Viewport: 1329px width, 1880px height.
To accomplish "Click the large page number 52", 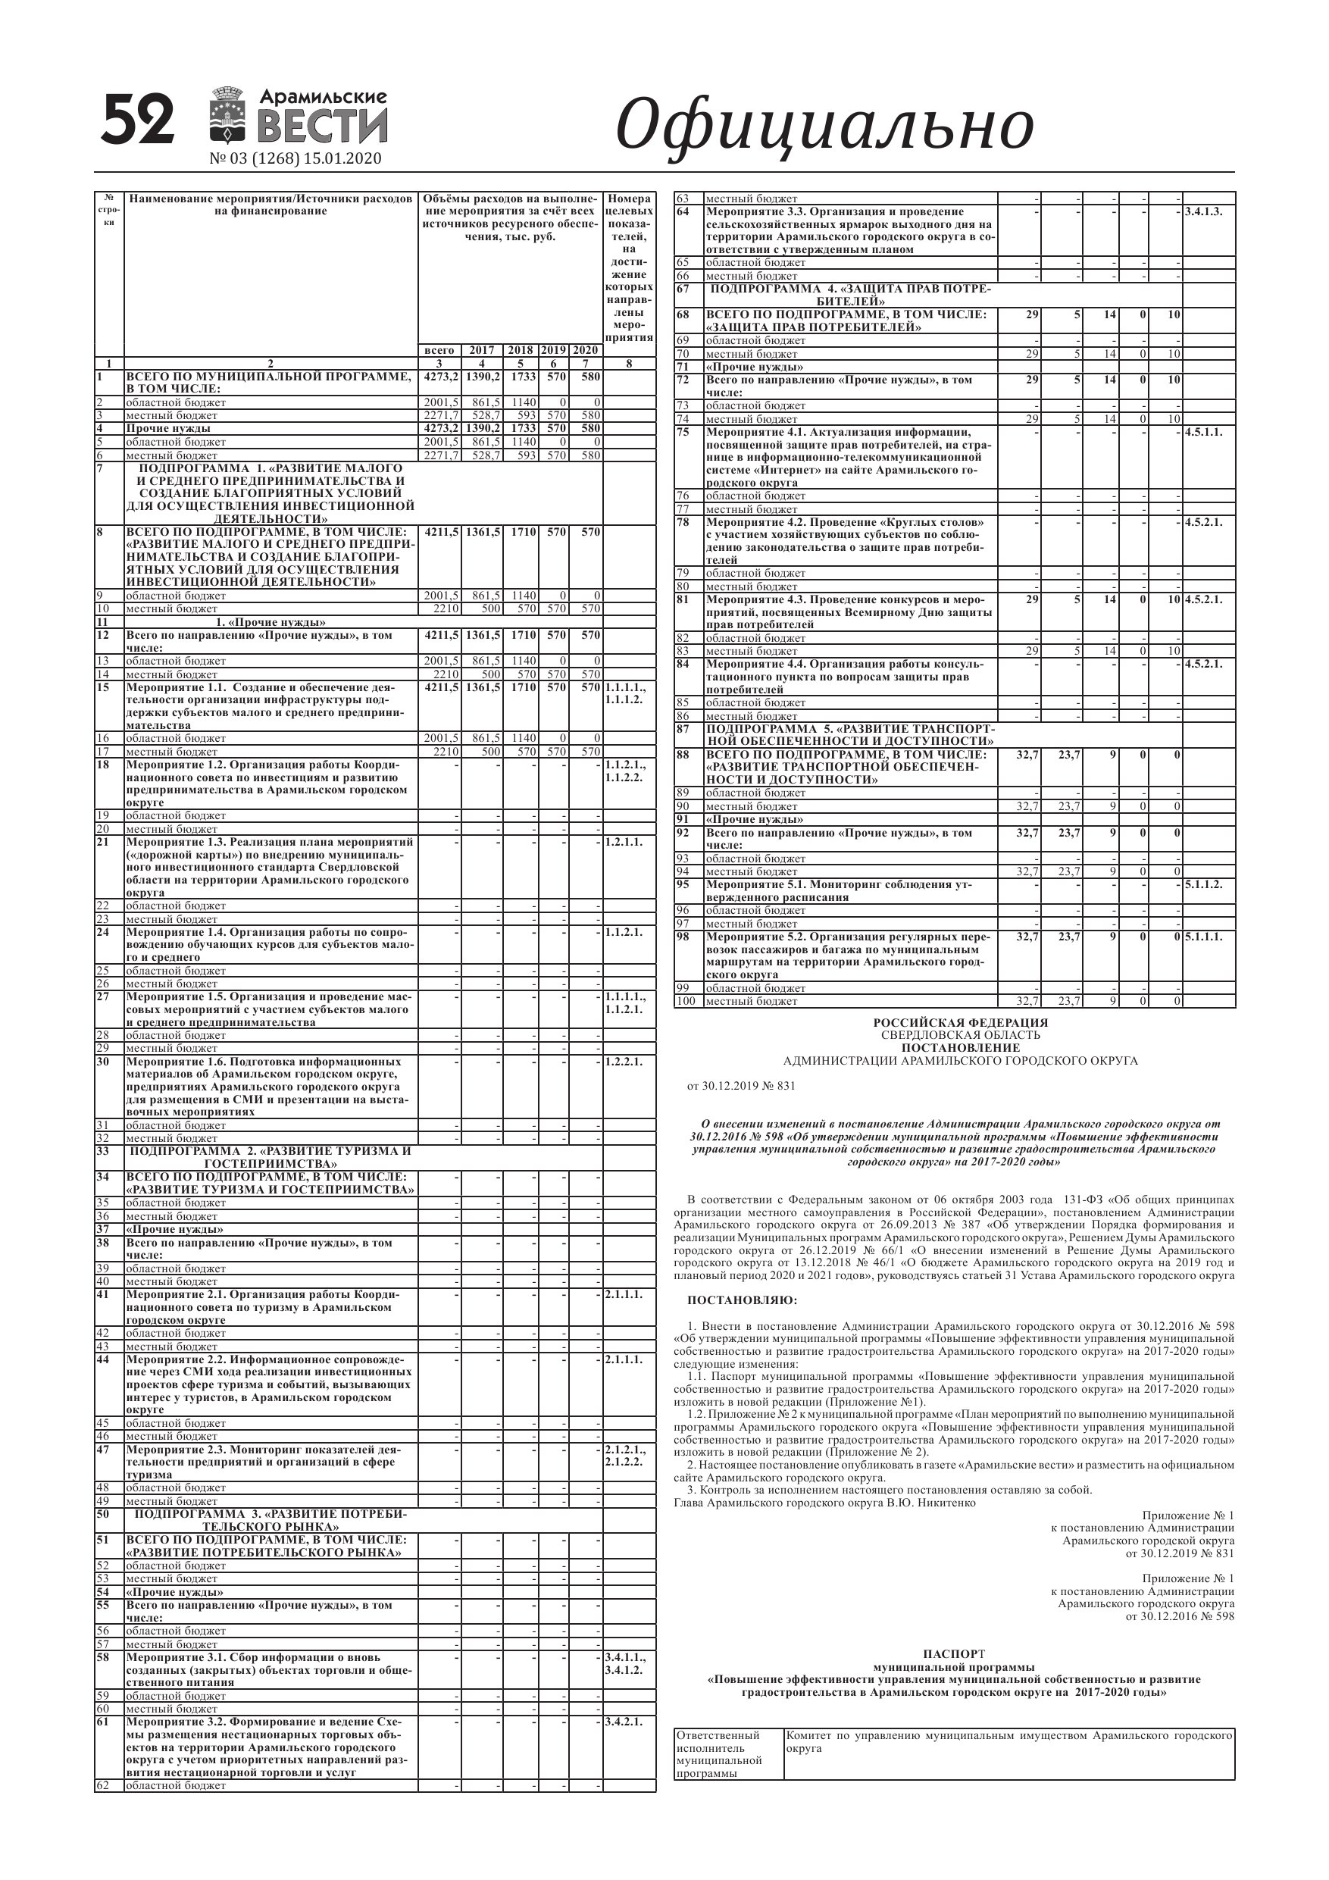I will (x=139, y=119).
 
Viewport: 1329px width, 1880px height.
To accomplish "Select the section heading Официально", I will (x=824, y=125).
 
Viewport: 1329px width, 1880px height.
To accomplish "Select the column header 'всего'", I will (x=440, y=349).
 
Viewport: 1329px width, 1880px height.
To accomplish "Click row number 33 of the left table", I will (x=102, y=1150).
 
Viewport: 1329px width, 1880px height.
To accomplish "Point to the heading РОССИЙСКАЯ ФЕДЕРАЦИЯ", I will (x=960, y=1023).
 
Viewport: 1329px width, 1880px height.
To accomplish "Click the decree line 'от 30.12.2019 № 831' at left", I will (x=740, y=1087).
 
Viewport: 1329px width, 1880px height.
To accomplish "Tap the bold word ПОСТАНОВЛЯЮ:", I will (x=742, y=1300).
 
